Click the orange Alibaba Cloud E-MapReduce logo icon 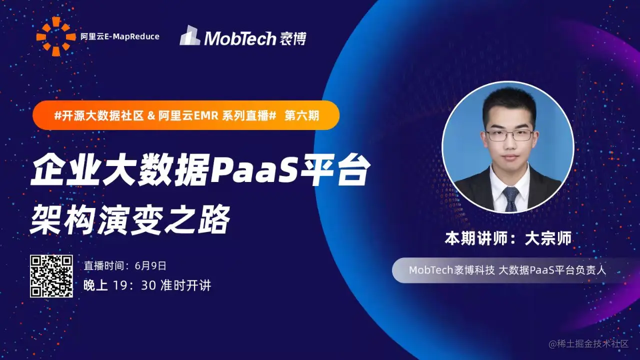coord(56,36)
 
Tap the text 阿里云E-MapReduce coord(120,36)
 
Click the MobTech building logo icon coord(189,35)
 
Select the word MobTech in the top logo coord(240,38)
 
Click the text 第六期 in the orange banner coord(302,115)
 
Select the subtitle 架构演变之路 coord(130,220)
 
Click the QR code coord(51,276)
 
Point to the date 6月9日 coord(150,265)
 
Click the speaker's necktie coord(511,199)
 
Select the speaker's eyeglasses coord(509,135)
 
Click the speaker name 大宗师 coord(548,238)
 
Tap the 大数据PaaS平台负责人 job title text coord(552,270)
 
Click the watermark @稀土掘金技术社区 coord(588,344)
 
